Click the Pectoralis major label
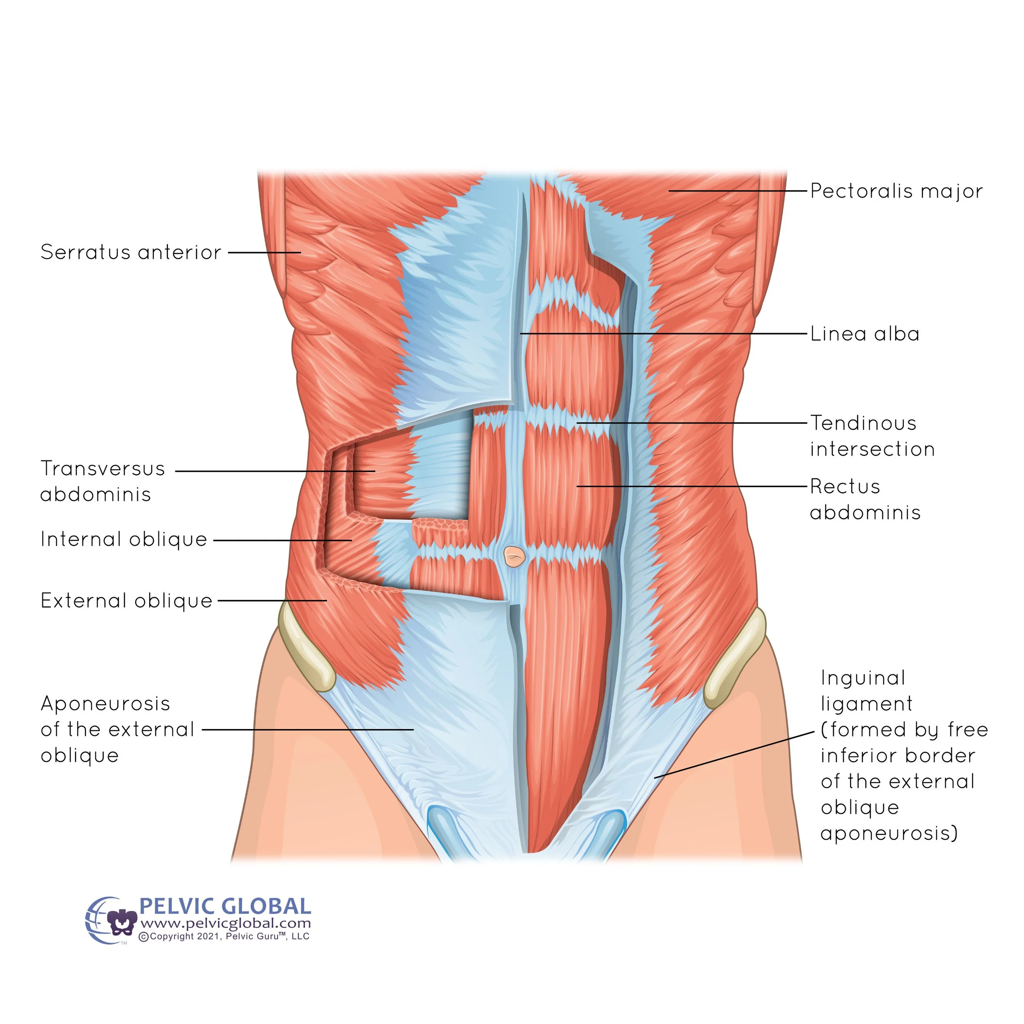pyautogui.click(x=896, y=191)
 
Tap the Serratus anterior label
pyautogui.click(x=130, y=252)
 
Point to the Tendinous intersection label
pyautogui.click(x=872, y=436)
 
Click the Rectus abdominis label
pyautogui.click(x=865, y=499)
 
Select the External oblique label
pyautogui.click(x=126, y=600)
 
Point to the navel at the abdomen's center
pyautogui.click(x=514, y=557)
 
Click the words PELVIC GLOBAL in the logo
pyautogui.click(x=225, y=906)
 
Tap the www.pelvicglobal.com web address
pyautogui.click(x=225, y=923)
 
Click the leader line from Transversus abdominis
pyautogui.click(x=276, y=471)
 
